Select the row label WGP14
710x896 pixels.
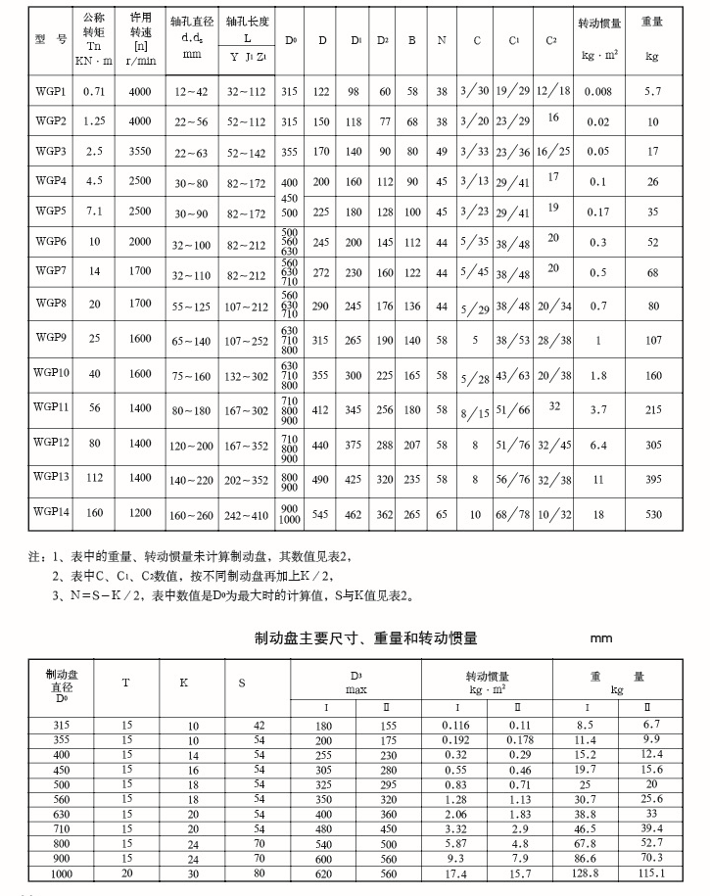(x=52, y=511)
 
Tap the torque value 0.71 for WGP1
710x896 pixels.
(x=94, y=91)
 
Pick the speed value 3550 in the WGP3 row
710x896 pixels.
(x=140, y=152)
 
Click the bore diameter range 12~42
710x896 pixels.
(x=192, y=91)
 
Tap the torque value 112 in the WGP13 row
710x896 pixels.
(x=94, y=478)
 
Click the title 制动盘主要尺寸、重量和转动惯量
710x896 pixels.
(x=366, y=638)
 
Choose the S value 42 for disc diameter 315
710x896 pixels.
(x=259, y=725)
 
